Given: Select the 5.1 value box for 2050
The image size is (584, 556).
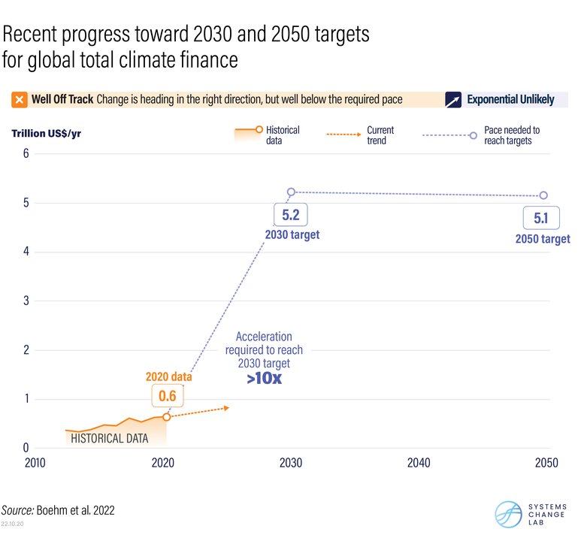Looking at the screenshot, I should click(542, 219).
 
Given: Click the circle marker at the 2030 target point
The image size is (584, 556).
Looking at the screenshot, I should click(291, 192).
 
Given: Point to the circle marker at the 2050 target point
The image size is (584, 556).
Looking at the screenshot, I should click(543, 195).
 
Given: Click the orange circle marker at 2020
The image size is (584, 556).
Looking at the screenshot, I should click(166, 417).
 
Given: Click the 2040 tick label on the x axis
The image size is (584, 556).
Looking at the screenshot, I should click(418, 463).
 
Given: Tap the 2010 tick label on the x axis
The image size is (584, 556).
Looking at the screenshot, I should click(35, 463).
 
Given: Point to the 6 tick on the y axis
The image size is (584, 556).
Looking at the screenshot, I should click(26, 154).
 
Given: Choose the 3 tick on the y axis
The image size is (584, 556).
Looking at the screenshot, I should click(26, 301).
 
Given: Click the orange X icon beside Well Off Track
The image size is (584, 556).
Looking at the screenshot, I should click(20, 100).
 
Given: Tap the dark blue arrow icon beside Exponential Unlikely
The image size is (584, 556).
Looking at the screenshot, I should click(453, 100).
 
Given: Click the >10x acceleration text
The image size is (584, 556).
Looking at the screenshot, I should click(264, 379).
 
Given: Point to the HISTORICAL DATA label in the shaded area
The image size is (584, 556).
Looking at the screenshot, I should click(109, 438).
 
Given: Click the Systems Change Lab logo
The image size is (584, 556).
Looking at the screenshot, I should click(527, 514).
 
